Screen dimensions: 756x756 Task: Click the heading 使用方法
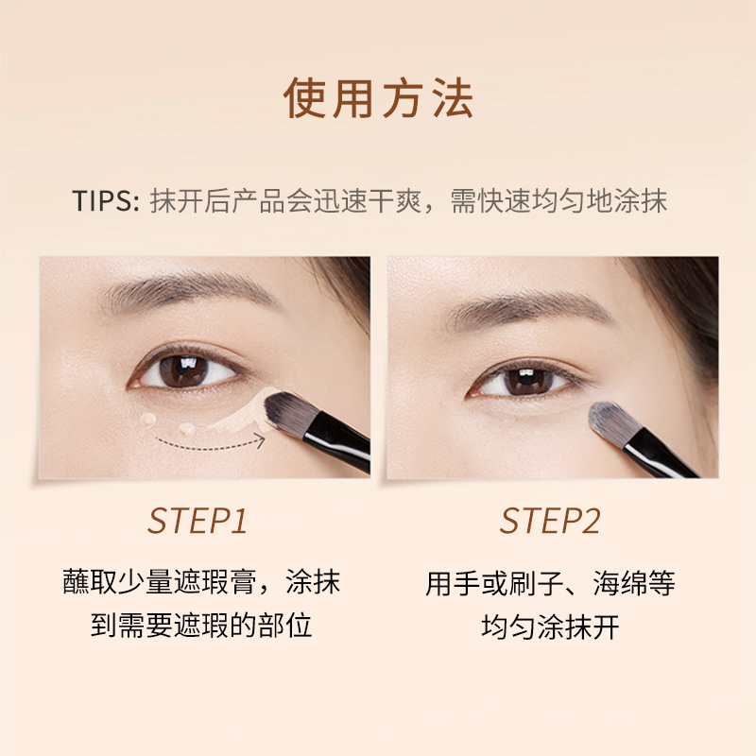point(378,99)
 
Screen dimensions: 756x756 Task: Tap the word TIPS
point(105,201)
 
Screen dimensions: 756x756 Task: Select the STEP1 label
point(198,521)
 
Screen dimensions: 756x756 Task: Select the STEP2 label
point(550,521)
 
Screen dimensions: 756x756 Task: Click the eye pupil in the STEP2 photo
point(528,381)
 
